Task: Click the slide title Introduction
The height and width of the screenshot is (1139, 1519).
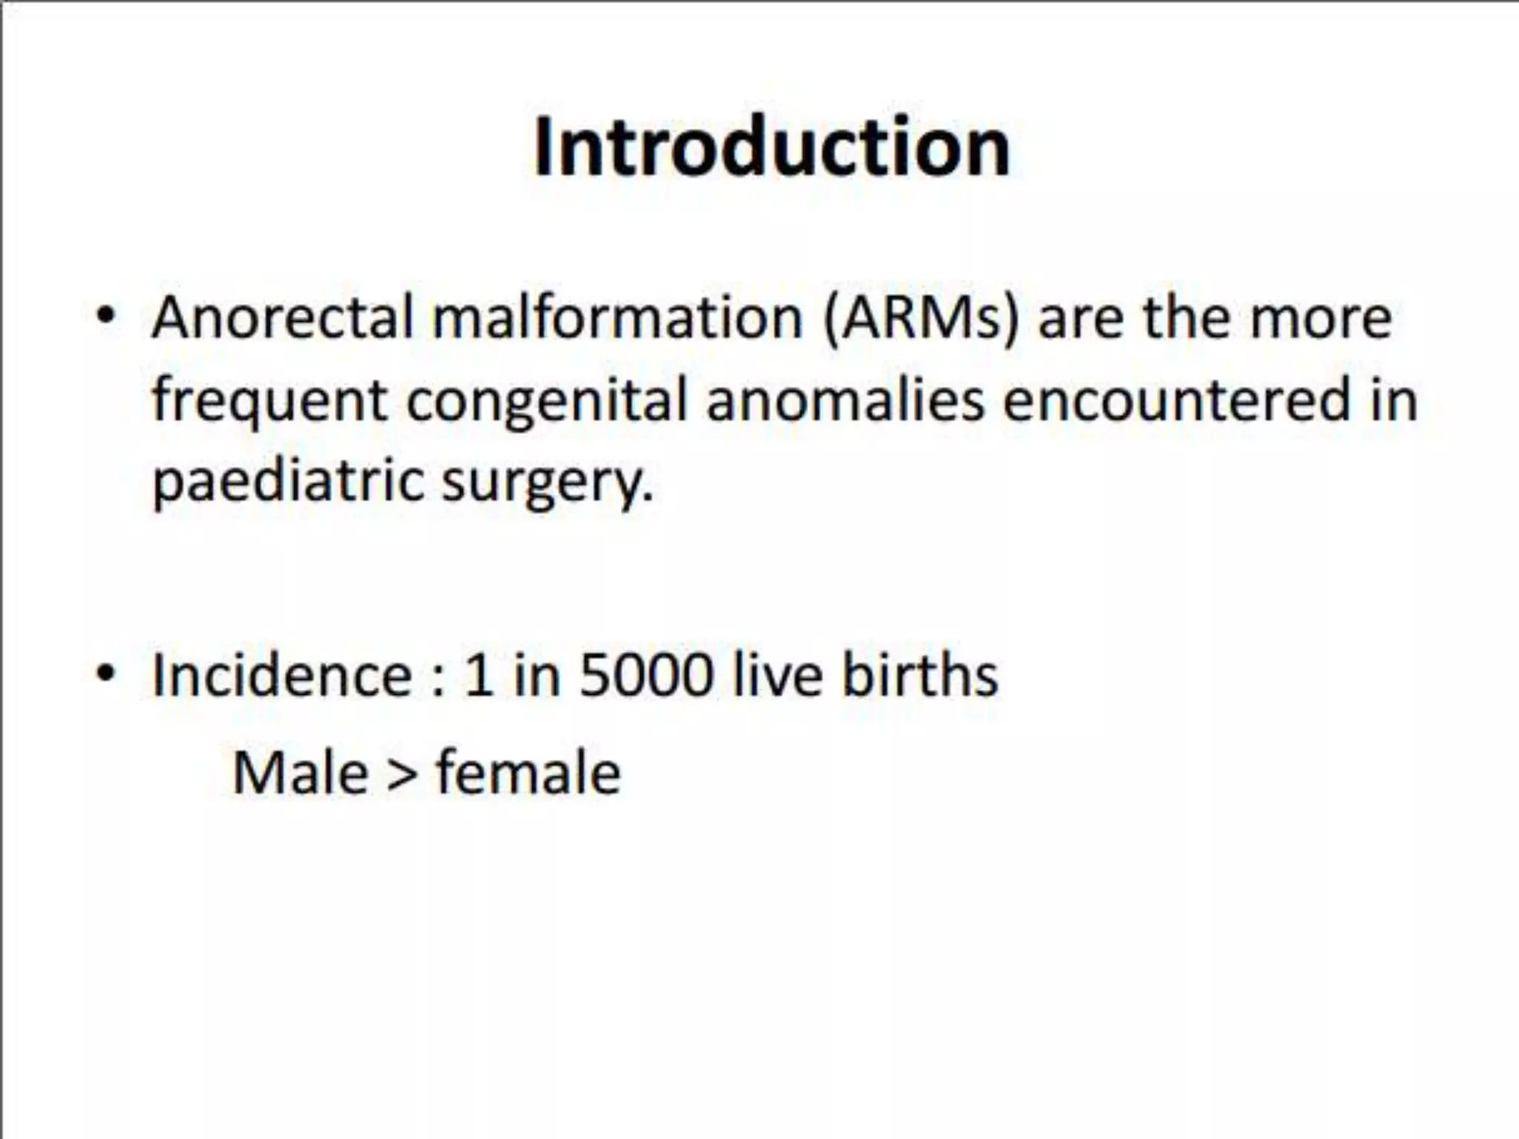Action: click(x=771, y=148)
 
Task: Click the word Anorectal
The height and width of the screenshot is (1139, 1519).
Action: click(x=282, y=318)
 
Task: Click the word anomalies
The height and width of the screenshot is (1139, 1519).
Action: click(x=846, y=400)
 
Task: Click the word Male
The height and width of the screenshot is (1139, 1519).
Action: click(x=300, y=773)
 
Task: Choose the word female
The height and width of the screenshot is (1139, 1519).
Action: click(x=528, y=773)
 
